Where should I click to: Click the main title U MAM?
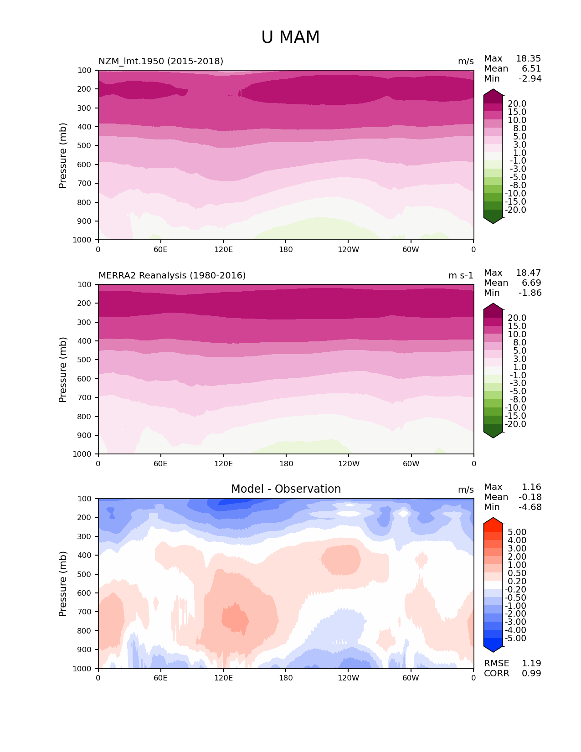(x=290, y=37)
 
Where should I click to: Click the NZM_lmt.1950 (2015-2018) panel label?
(x=161, y=62)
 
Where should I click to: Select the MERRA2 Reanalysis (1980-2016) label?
(x=172, y=276)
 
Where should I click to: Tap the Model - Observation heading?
(x=286, y=489)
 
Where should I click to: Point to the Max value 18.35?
(x=528, y=59)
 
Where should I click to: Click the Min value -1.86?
(x=530, y=293)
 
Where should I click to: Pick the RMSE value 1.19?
(x=531, y=664)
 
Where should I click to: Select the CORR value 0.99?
(x=531, y=674)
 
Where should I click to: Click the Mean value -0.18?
(x=530, y=497)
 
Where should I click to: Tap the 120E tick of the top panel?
(x=223, y=250)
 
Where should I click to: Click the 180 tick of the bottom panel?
(x=286, y=678)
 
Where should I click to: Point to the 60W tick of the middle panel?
(x=411, y=464)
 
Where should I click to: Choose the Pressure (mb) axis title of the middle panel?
(x=63, y=370)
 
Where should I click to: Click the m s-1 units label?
(x=461, y=276)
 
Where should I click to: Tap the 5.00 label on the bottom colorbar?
(x=517, y=532)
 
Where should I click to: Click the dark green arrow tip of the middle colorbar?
(x=493, y=435)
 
